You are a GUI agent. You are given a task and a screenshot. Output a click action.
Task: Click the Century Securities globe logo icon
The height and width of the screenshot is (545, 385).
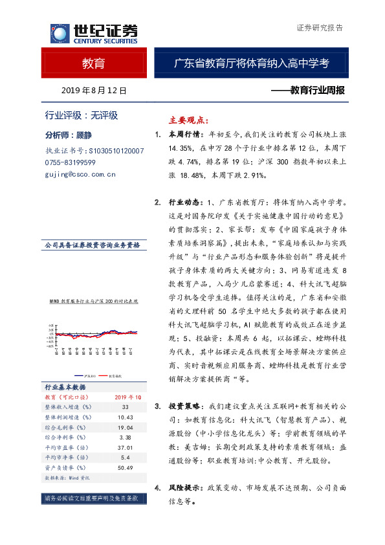[x=59, y=33]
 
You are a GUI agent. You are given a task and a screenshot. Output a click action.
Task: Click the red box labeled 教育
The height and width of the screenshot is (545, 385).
[x=93, y=64]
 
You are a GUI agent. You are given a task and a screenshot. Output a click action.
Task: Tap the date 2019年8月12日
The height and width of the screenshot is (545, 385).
[x=93, y=91]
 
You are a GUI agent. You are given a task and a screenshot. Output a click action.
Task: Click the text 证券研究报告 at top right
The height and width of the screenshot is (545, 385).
[x=319, y=28]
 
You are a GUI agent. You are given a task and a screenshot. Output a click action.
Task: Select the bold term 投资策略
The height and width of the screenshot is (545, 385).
[x=183, y=406]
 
